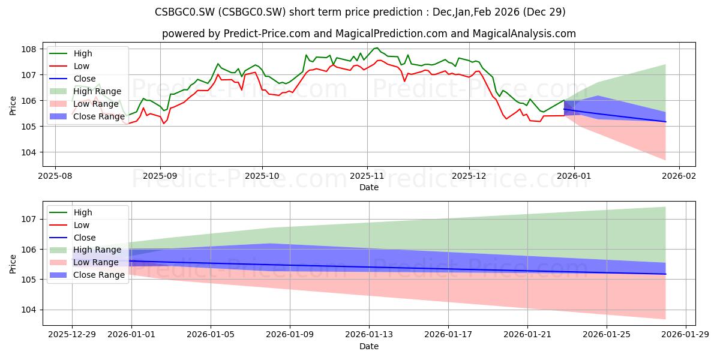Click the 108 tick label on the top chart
coord(28,49)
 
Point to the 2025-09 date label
coord(160,176)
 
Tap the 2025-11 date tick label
coord(367,176)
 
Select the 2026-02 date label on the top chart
coord(679,176)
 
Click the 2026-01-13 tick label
coord(369,335)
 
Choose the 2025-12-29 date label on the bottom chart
coord(72,335)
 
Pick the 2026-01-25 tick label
coord(607,335)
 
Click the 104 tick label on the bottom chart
coord(28,310)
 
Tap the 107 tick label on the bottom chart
coord(28,219)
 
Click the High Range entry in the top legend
coord(85,91)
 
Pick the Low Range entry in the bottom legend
coord(84,262)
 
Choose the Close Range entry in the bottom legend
coord(87,275)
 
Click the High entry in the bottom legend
coord(71,212)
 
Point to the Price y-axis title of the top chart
coord(13,106)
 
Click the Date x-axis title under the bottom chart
coord(369,346)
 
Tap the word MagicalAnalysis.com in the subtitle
coord(524,34)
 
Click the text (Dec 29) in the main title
coord(544,12)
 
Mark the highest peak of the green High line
coord(377,48)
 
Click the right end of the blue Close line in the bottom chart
coord(665,274)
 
